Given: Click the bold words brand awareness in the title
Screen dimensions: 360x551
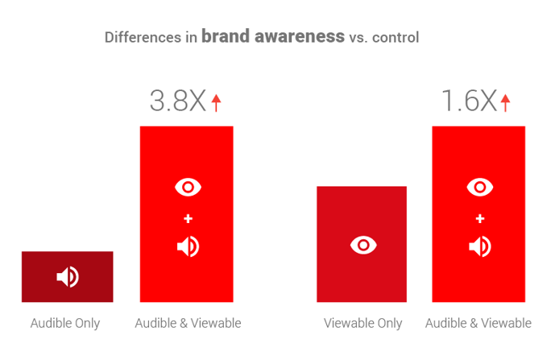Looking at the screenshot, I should [272, 36].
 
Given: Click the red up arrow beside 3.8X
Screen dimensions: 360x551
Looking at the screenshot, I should [215, 102].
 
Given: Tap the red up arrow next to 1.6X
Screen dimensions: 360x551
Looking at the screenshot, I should [505, 102].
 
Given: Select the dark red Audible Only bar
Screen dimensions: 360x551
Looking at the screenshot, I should [68, 276].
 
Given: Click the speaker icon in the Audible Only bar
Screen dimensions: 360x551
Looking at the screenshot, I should [68, 277].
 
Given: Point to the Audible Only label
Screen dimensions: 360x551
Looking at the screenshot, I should [65, 324].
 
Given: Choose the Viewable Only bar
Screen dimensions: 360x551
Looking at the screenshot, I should [362, 244].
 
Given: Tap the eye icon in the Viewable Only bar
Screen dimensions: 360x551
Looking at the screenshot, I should [362, 245].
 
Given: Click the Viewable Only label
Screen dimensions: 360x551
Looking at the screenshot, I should [362, 324].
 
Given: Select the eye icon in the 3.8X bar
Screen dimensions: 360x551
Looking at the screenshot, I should [188, 188].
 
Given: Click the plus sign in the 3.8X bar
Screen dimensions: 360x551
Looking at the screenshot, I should [188, 218].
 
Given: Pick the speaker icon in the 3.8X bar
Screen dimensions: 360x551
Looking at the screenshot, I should [188, 246].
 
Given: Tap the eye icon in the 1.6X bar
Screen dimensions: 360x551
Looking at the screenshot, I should [479, 188].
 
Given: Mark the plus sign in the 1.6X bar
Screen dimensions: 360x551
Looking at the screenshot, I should [479, 218].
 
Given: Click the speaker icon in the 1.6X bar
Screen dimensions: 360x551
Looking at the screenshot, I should [479, 246].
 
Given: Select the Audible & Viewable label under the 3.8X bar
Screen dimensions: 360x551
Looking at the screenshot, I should [188, 324].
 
